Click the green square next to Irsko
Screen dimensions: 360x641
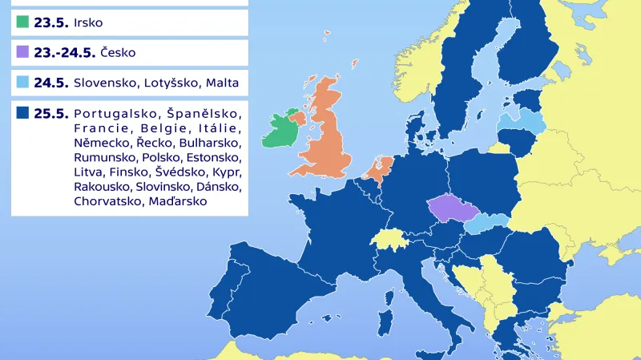(x=22, y=22)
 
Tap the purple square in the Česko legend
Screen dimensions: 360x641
(x=22, y=53)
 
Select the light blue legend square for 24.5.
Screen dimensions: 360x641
(x=22, y=83)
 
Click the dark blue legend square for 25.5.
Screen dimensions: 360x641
(x=22, y=113)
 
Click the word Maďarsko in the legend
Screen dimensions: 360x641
(x=178, y=201)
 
